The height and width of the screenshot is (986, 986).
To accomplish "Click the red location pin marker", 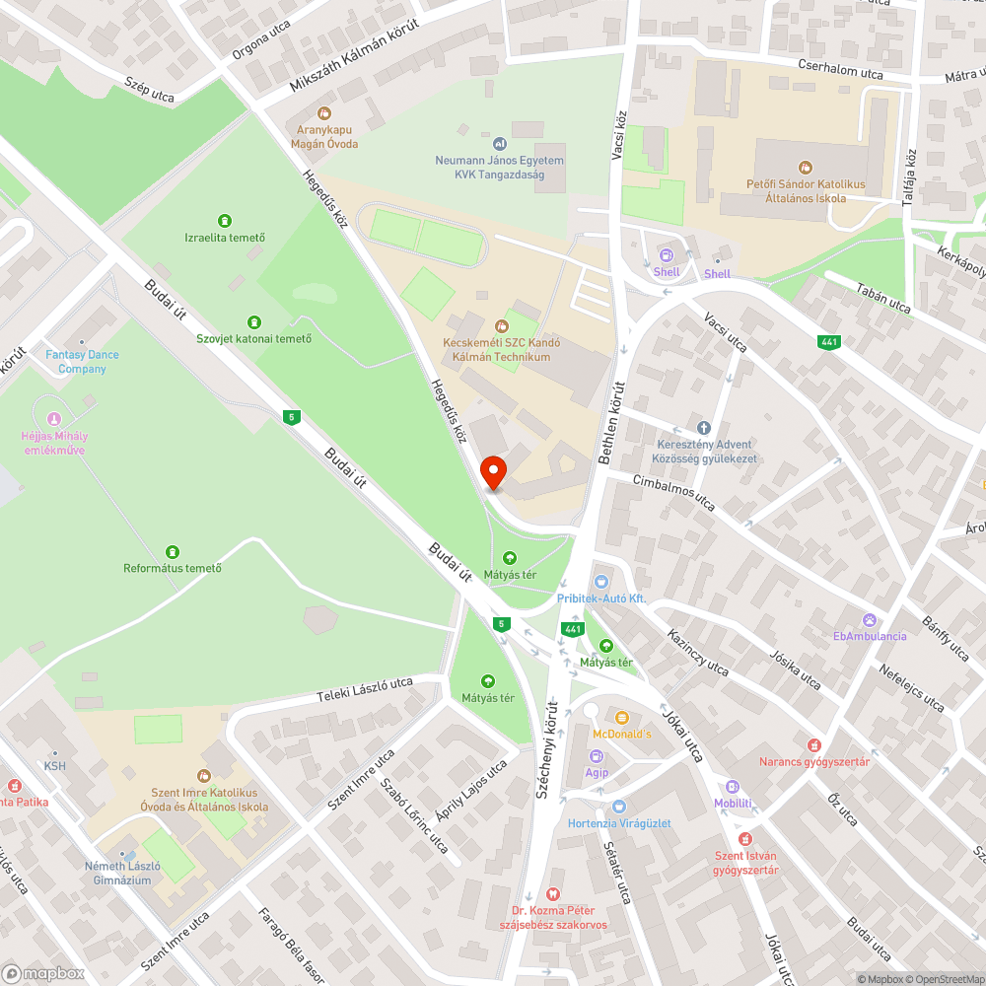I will [x=493, y=473].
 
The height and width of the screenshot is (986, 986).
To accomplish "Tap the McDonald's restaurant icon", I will [x=621, y=717].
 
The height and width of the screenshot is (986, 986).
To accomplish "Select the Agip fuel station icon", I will [x=597, y=756].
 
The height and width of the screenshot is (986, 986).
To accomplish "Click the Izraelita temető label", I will [x=225, y=238].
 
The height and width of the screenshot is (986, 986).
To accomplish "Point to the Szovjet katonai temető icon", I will [x=254, y=321].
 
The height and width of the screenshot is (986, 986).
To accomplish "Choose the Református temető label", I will [x=173, y=568].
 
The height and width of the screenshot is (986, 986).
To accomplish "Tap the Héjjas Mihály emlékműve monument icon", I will [x=53, y=419].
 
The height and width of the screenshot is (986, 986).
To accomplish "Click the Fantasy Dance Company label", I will [x=82, y=362].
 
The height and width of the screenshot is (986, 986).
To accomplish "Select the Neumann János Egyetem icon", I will [x=499, y=144].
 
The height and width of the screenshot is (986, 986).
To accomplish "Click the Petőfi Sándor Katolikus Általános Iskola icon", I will [x=806, y=168].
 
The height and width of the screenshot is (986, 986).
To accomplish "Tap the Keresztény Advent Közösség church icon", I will [x=704, y=428].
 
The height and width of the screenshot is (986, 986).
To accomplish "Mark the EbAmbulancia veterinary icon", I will [x=869, y=619].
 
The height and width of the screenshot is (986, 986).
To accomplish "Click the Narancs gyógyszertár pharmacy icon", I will [x=813, y=744].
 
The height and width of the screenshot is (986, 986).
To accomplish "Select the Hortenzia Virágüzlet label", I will [x=619, y=823].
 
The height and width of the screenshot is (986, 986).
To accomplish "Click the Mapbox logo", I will [x=44, y=973].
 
